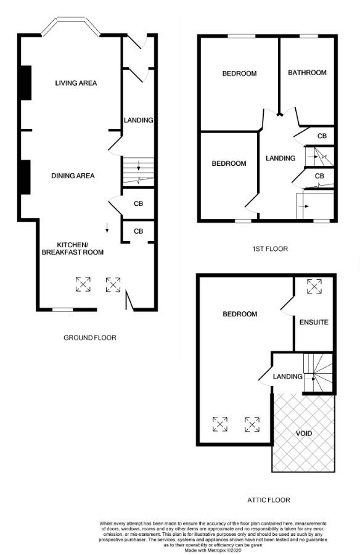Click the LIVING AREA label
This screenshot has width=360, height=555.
point(76,83)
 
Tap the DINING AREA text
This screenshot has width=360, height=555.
point(73,176)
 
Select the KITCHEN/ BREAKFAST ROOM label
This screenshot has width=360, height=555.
point(73,249)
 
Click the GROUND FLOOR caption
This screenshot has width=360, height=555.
point(90,338)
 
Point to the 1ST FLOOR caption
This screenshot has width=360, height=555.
point(270,249)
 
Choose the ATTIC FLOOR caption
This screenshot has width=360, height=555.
point(269,500)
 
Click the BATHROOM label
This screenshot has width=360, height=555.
point(307,73)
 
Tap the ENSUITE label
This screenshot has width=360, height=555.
point(314,323)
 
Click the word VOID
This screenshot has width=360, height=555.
point(304,434)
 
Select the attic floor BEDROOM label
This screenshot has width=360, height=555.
point(240,314)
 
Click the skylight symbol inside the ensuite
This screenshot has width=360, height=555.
point(314,286)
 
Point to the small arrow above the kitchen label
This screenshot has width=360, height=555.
point(107,228)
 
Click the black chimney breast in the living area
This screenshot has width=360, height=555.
point(26,83)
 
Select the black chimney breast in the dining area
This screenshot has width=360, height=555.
point(25,177)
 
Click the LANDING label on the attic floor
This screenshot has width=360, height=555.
point(287,377)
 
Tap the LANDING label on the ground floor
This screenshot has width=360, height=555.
point(139,120)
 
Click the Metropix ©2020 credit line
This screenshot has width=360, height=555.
point(213,551)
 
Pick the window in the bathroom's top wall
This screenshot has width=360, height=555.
point(309,36)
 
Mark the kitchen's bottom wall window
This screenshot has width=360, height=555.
point(63,310)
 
